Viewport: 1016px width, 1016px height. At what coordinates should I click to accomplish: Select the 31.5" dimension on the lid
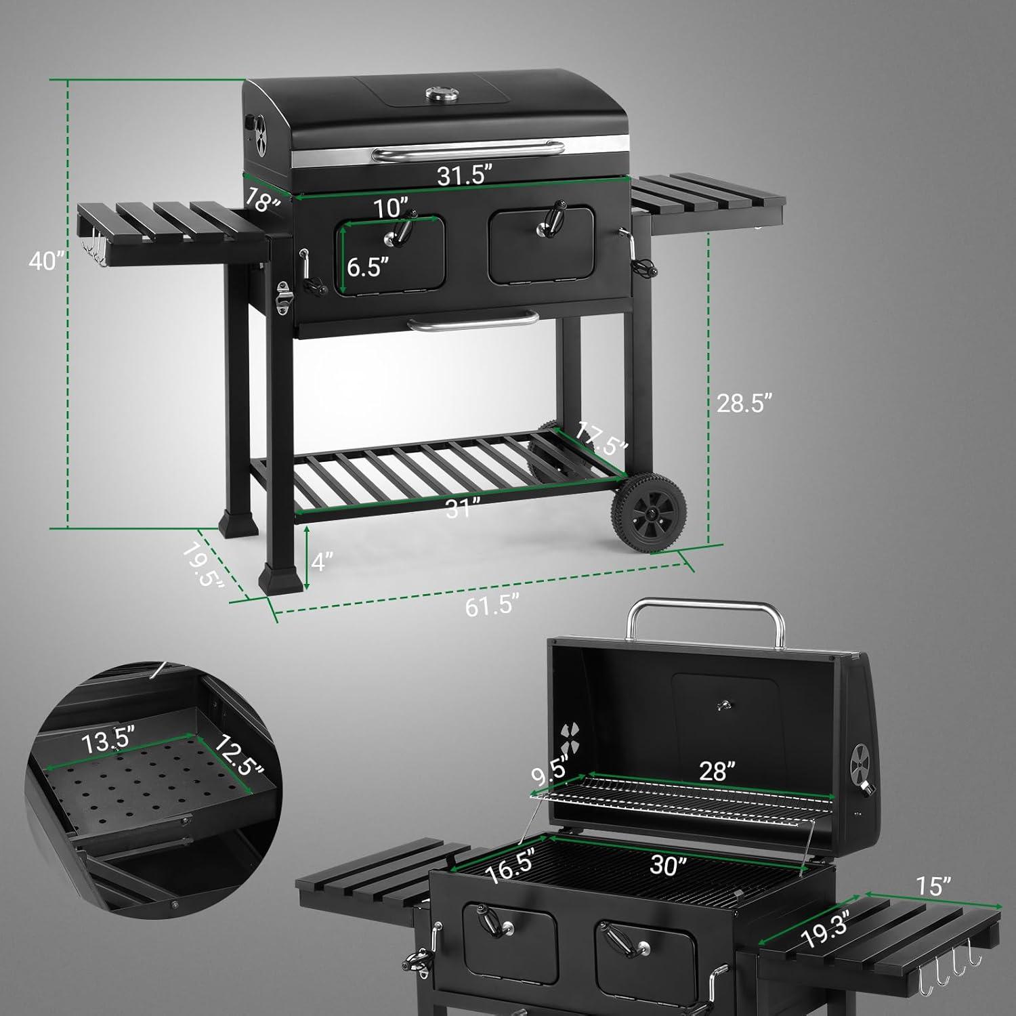click(463, 175)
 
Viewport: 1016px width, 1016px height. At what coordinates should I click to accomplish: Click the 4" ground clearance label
click(322, 561)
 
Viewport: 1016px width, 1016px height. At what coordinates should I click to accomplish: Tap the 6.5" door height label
click(368, 267)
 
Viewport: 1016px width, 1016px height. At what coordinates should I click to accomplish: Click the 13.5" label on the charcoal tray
click(109, 740)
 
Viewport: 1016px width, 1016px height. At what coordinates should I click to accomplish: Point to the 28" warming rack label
click(717, 771)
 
